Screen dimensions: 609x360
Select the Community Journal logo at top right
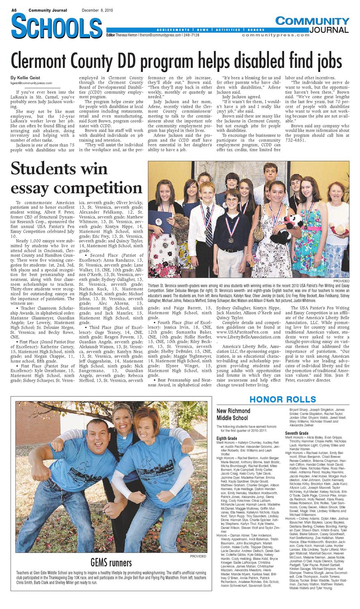point(312,25)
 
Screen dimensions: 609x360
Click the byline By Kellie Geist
point(26,78)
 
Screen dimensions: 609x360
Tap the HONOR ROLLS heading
point(282,399)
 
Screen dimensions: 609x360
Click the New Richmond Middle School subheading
point(233,414)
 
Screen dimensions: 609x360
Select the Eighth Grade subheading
point(227,439)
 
